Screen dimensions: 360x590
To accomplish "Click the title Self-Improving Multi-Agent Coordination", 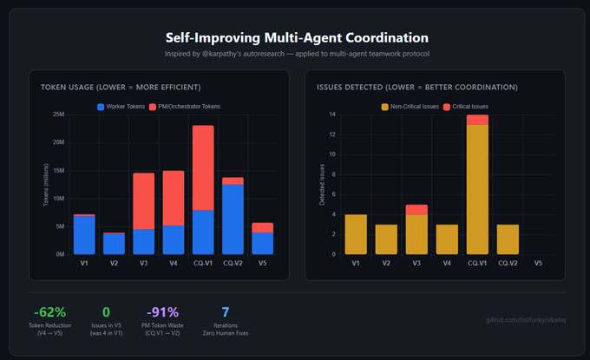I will tap(297, 38).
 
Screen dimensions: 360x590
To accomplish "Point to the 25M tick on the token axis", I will tap(58, 115).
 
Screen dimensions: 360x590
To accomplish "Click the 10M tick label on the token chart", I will tap(58, 199).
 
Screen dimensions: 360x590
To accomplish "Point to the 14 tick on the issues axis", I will tap(332, 115).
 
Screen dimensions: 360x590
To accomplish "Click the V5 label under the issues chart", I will tap(538, 262).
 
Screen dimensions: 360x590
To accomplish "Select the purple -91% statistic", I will tap(161, 312).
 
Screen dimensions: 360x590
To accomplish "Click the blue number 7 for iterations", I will tap(226, 312).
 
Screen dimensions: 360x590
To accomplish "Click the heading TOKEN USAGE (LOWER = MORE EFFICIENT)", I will tap(121, 88).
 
